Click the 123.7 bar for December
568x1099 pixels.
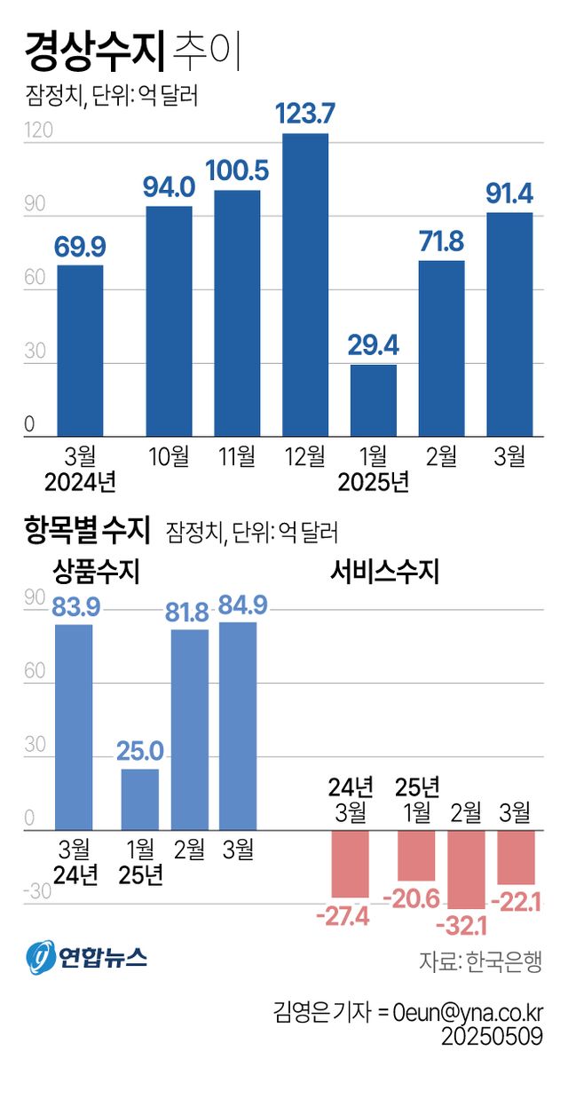click(305, 284)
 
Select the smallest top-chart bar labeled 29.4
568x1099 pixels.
click(374, 400)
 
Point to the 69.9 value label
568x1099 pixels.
click(81, 246)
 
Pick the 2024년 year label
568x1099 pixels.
click(80, 483)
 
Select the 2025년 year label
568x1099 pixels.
click(374, 483)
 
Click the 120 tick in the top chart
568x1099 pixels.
click(38, 130)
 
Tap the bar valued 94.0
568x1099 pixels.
click(169, 321)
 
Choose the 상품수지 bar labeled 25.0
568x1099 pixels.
click(140, 799)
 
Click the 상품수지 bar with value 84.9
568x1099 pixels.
click(238, 726)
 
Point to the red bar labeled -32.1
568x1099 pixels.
click(467, 869)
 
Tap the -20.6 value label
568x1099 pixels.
click(411, 898)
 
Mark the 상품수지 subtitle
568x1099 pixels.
click(97, 570)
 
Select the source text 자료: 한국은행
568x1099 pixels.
click(480, 962)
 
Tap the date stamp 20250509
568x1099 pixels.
click(494, 1037)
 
